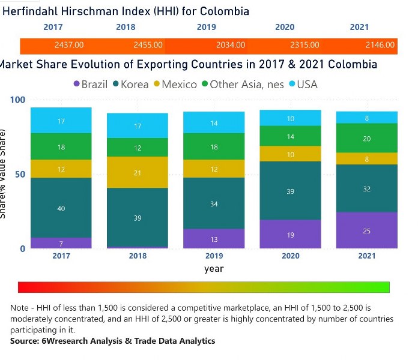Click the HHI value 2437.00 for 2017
(68, 45)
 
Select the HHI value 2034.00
(230, 45)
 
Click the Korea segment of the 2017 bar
(61, 208)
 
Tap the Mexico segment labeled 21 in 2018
(138, 172)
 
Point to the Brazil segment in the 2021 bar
(366, 230)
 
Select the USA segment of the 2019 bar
(214, 122)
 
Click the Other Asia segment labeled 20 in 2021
(366, 138)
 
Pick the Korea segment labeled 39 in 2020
(290, 191)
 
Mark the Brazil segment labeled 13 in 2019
(214, 239)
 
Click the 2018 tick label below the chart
(138, 256)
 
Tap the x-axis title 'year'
(214, 268)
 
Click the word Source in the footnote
(23, 341)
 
